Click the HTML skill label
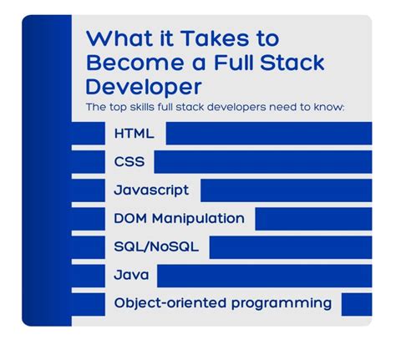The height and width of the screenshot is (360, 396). pyautogui.click(x=135, y=134)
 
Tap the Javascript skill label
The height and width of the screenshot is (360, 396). pyautogui.click(x=151, y=190)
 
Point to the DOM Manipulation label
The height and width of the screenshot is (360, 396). pyautogui.click(x=179, y=219)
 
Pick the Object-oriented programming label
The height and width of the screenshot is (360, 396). pyautogui.click(x=222, y=304)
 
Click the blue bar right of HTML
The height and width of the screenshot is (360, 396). pyautogui.click(x=268, y=134)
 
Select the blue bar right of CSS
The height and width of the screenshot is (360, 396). pyautogui.click(x=262, y=162)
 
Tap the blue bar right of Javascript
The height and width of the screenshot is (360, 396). pyautogui.click(x=286, y=190)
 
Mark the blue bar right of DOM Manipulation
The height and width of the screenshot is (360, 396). pyautogui.click(x=313, y=219)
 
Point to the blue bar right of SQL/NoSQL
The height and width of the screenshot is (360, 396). pyautogui.click(x=290, y=247)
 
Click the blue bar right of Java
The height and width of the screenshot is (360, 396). pyautogui.click(x=264, y=276)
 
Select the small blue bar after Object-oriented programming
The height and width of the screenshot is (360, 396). pyautogui.click(x=356, y=304)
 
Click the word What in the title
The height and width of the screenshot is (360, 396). pyautogui.click(x=116, y=39)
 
